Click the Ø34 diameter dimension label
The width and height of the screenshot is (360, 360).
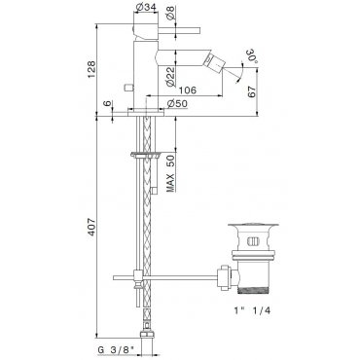click(x=145, y=7)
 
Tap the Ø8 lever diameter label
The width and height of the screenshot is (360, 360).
click(x=172, y=14)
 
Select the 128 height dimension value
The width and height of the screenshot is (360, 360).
click(x=92, y=69)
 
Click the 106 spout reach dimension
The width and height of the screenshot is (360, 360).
click(x=188, y=90)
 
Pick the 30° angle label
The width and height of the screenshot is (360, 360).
click(x=252, y=55)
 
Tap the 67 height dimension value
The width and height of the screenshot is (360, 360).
click(x=252, y=92)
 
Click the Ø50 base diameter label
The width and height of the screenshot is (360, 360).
click(x=177, y=104)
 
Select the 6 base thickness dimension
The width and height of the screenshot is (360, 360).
click(x=108, y=103)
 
